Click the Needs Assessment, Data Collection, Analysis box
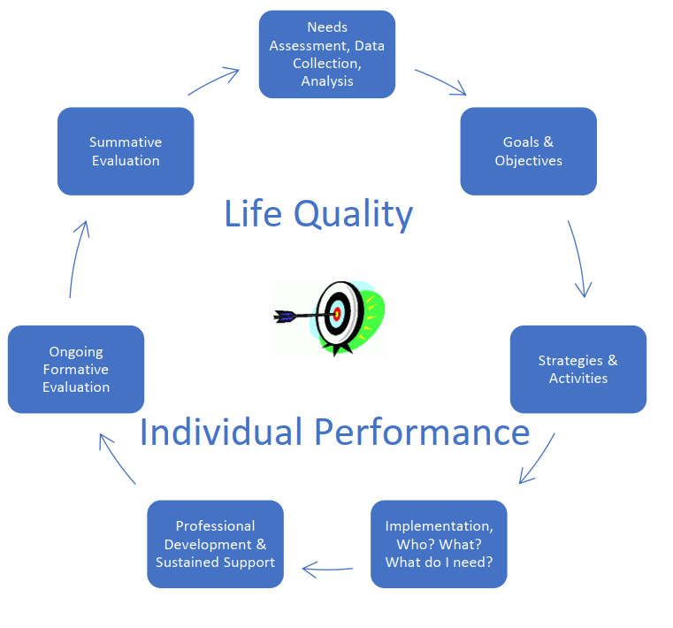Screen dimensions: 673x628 click(x=327, y=55)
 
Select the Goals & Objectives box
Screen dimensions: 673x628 click(x=528, y=151)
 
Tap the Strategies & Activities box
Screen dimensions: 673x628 click(x=578, y=369)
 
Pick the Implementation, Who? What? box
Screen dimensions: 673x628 click(x=439, y=544)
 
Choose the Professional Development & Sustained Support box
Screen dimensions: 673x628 click(x=215, y=544)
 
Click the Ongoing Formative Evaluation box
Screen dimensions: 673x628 click(x=76, y=369)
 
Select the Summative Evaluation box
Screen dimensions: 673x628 click(x=126, y=151)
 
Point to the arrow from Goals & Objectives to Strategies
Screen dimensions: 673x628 click(x=578, y=257)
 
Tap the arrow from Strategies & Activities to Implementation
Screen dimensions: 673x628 click(x=539, y=457)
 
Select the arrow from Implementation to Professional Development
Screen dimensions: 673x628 click(x=327, y=570)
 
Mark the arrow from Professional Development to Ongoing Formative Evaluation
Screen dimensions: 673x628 click(x=116, y=457)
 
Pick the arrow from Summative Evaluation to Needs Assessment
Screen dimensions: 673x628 click(x=213, y=80)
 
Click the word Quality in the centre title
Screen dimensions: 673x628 click(x=353, y=214)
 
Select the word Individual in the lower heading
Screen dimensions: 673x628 click(x=221, y=432)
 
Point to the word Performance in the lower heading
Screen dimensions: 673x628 click(x=422, y=433)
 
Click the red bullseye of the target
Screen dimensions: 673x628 click(x=337, y=314)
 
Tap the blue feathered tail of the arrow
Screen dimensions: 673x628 click(x=284, y=317)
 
